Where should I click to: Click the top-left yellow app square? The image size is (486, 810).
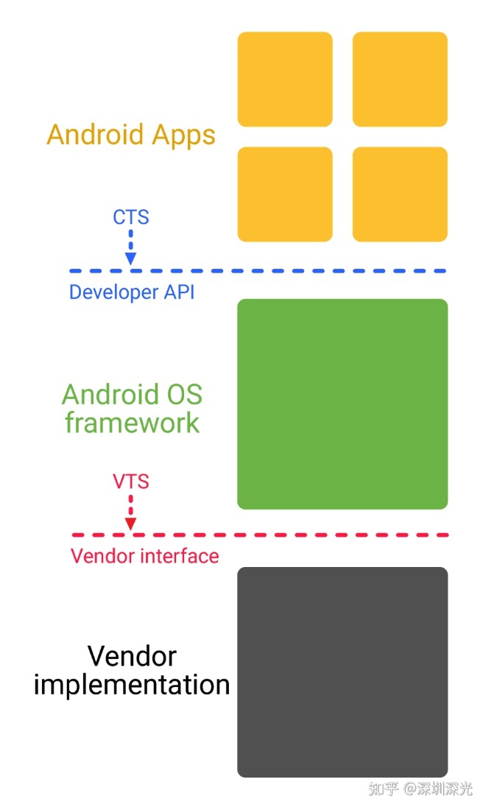(x=285, y=79)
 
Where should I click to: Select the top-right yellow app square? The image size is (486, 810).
(x=400, y=79)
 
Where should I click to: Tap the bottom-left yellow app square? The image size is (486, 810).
(x=285, y=194)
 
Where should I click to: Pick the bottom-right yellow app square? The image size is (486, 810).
(x=400, y=194)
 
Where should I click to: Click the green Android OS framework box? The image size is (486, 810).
(x=342, y=404)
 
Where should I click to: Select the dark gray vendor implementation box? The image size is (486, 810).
(x=342, y=672)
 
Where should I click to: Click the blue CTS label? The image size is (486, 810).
(x=131, y=217)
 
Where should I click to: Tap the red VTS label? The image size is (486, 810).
(x=131, y=482)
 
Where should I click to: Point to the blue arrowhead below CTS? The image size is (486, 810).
(x=131, y=258)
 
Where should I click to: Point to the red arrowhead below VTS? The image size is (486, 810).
(x=131, y=524)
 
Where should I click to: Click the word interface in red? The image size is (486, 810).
(x=177, y=555)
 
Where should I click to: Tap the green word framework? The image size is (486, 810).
(x=133, y=423)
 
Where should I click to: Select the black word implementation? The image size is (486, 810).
(x=132, y=685)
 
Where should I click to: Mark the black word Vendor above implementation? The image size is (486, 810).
(x=132, y=655)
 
